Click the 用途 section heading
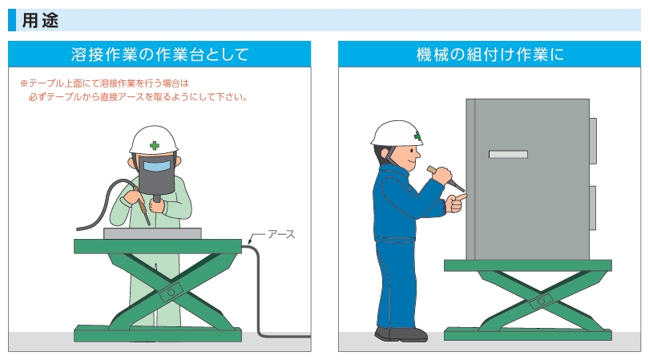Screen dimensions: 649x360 40,20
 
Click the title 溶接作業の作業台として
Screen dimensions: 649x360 159,55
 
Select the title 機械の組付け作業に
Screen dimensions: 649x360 490,55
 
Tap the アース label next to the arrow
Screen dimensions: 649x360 281,234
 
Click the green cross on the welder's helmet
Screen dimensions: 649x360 155,145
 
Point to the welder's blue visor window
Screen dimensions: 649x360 157,166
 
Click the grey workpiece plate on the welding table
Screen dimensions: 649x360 152,233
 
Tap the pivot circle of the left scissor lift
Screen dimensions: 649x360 171,292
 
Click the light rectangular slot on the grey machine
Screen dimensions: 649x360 508,155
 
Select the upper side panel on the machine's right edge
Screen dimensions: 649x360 593,141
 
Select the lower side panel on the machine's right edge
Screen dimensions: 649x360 593,208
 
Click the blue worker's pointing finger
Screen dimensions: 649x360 461,197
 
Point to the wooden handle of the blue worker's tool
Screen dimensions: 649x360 433,170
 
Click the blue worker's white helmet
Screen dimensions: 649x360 397,133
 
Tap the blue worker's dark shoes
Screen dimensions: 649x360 401,334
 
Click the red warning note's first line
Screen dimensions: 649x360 104,83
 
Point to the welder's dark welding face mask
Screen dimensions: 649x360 157,174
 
